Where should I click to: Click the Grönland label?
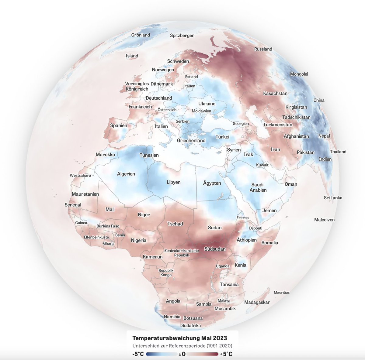coord(141,35)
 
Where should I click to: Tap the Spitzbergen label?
coord(182,36)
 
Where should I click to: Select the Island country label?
coord(132,56)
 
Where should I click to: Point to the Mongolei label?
coord(299,74)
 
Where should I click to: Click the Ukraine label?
coord(207,104)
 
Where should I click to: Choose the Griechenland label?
coord(191,141)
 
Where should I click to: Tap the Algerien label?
coord(126,174)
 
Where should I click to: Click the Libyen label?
coord(174,182)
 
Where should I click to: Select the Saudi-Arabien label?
coord(258,187)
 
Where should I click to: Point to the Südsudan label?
coord(215,249)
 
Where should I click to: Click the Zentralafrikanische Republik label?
coord(182,253)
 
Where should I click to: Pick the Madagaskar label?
coord(257,302)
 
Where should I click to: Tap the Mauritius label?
coord(282,292)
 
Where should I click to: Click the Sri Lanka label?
coord(333,198)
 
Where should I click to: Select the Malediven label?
coord(324,220)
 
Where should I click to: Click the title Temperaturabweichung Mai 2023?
coord(180,338)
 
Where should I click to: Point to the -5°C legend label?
coord(138,354)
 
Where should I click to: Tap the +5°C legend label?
coord(226,354)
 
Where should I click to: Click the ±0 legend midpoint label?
coord(182,354)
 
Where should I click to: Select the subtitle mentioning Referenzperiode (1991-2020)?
coord(182,346)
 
